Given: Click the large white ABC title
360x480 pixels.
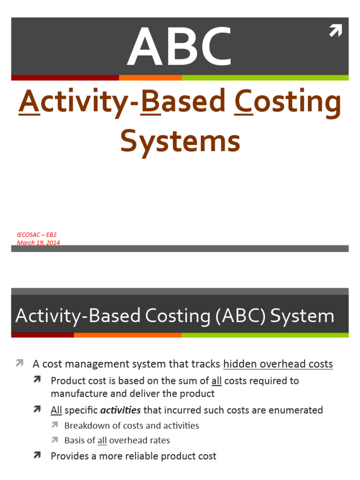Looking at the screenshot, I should pyautogui.click(x=180, y=47).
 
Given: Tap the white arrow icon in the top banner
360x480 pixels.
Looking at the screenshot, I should pyautogui.click(x=335, y=31).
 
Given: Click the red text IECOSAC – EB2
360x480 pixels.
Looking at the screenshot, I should pyautogui.click(x=37, y=234).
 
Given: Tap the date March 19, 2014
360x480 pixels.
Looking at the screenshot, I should pyautogui.click(x=38, y=242).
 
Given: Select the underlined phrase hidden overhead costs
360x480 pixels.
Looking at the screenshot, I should pyautogui.click(x=278, y=364).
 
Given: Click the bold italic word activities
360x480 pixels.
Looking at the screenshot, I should pyautogui.click(x=120, y=410).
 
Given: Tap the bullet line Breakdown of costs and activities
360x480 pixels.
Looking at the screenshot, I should pyautogui.click(x=132, y=426).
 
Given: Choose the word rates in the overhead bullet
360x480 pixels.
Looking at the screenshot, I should pyautogui.click(x=158, y=440).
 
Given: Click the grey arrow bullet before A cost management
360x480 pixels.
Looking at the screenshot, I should pyautogui.click(x=19, y=363).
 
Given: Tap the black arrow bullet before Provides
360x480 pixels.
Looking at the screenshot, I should pyautogui.click(x=37, y=456).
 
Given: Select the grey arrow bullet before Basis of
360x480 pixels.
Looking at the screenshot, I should pyautogui.click(x=55, y=440).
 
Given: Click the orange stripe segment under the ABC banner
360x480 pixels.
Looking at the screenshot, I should pyautogui.click(x=150, y=78).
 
